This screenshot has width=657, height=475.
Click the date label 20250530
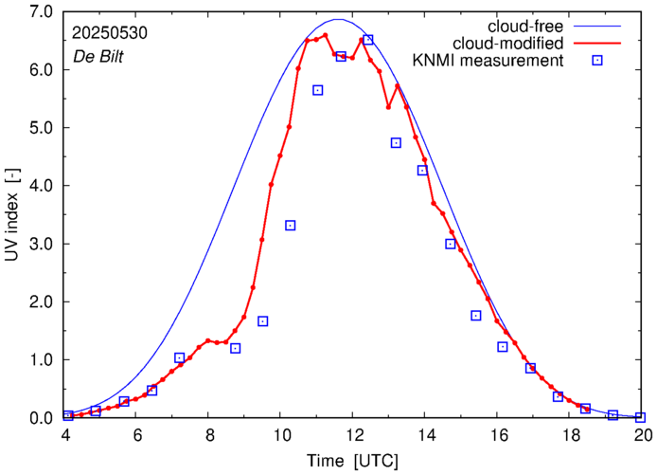click(110, 32)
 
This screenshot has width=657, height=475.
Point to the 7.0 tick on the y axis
click(42, 11)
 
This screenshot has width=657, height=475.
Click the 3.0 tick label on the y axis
click(42, 244)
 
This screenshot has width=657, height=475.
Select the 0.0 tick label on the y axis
click(42, 417)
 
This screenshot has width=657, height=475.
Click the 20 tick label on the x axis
click(643, 436)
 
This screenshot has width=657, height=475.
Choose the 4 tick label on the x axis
click(66, 436)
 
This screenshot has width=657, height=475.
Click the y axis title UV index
click(13, 214)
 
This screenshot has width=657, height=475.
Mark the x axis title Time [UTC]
click(352, 460)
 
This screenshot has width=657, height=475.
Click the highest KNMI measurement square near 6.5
click(368, 40)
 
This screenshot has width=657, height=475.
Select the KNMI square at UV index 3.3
click(291, 225)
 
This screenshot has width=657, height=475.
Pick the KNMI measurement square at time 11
click(318, 90)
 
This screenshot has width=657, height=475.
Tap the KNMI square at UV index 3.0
click(451, 244)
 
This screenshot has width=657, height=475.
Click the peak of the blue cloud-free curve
click(339, 19)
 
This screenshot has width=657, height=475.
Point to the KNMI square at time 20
click(641, 417)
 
